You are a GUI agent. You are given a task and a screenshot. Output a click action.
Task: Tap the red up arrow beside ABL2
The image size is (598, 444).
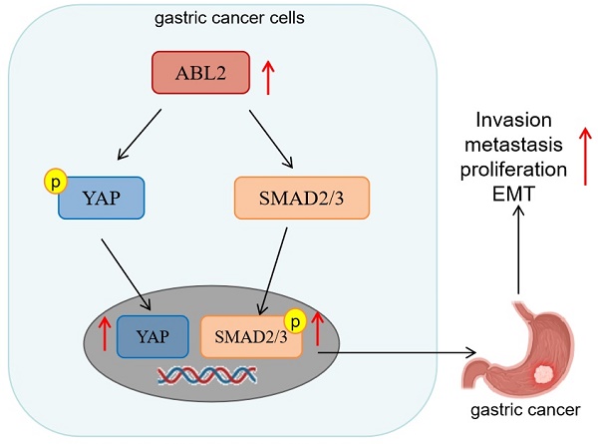[266, 76]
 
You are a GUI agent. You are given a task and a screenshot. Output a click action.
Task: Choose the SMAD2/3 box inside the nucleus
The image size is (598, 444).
[251, 335]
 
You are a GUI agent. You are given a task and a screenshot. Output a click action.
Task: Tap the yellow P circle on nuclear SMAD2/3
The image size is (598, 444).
[295, 321]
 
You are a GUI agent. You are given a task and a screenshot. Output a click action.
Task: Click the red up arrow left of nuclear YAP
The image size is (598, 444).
[103, 334]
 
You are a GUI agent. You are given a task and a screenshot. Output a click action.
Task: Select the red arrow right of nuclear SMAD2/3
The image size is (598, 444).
[318, 328]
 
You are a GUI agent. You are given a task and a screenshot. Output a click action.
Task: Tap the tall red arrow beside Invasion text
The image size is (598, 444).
[582, 155]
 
